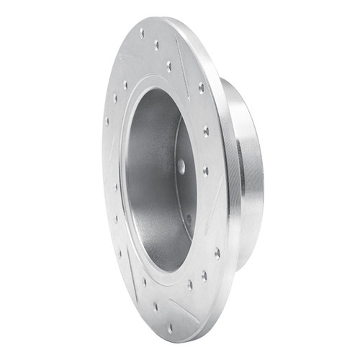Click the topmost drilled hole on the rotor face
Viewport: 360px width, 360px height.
pyautogui.click(x=142, y=32)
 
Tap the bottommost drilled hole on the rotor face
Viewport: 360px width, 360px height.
pyautogui.click(x=169, y=328)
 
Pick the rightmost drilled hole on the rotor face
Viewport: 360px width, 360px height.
pyautogui.click(x=217, y=253)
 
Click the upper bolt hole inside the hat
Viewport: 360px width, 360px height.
pyautogui.click(x=181, y=166)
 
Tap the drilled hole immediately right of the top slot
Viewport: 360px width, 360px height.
pyautogui.click(x=201, y=87)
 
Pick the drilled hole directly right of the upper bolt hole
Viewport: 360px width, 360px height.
pyautogui.click(x=206, y=171)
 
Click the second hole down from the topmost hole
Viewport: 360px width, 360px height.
pyautogui.click(x=156, y=45)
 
